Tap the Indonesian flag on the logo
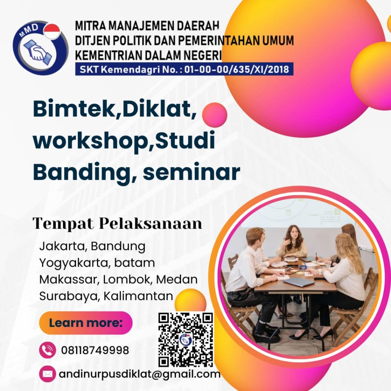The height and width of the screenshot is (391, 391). tap(52, 31)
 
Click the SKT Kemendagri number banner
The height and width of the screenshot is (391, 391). tap(184, 69)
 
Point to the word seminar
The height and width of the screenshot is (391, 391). tap(191, 172)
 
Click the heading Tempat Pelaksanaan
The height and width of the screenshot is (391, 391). tap(117, 224)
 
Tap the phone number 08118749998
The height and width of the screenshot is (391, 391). tap(95, 350)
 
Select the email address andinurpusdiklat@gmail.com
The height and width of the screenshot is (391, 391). tap(140, 374)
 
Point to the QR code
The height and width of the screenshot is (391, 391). tap(186, 339)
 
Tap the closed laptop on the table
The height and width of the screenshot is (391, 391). tap(299, 282)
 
